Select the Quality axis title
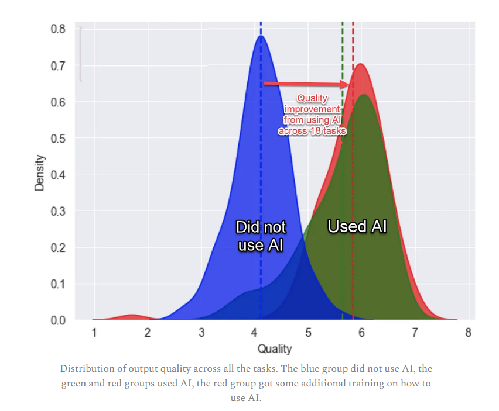click(275, 349)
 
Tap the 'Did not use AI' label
click(261, 236)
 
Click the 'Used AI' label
click(357, 227)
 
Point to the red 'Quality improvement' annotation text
click(312, 115)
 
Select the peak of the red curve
click(361, 64)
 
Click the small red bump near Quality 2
click(132, 317)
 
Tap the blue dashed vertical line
click(261, 175)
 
